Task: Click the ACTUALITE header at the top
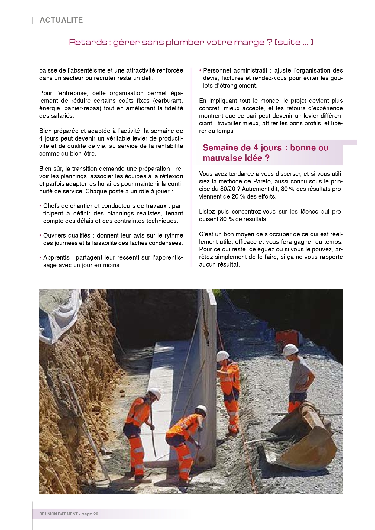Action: (x=61, y=20)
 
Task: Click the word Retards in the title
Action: (x=88, y=42)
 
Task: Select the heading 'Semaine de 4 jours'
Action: (x=265, y=153)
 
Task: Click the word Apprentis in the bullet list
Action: (x=56, y=257)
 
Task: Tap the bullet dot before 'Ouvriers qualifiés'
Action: (x=40, y=235)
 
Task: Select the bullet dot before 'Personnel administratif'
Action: (x=200, y=70)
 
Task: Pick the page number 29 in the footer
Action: (x=96, y=514)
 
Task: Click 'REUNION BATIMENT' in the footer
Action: (x=58, y=514)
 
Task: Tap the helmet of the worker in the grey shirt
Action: (x=290, y=349)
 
